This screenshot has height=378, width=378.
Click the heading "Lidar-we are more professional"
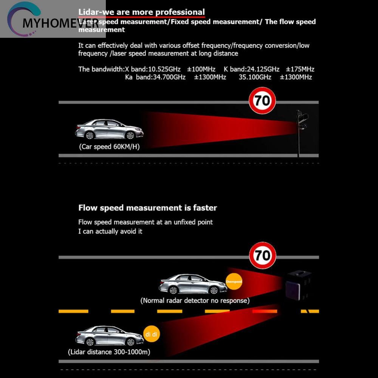click(141, 12)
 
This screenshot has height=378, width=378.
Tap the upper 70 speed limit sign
click(262, 101)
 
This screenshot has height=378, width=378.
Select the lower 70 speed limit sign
click(262, 256)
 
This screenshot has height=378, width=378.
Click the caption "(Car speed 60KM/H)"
click(109, 147)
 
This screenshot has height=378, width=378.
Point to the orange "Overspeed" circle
click(234, 281)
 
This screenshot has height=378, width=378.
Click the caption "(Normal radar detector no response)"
click(195, 301)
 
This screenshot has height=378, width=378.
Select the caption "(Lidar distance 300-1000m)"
click(109, 352)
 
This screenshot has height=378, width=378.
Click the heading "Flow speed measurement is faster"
click(147, 208)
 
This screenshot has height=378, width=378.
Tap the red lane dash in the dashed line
click(265, 311)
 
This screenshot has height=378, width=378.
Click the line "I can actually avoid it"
click(110, 231)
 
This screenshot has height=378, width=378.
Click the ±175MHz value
click(300, 69)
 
